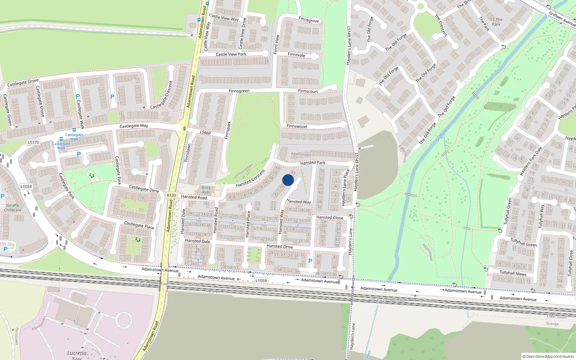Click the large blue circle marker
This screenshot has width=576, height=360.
point(288,180)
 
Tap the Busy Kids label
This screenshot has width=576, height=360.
point(206,190)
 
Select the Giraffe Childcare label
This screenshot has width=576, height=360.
point(13,208)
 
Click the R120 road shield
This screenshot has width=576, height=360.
point(171,195)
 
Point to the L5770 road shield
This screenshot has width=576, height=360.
point(33,143)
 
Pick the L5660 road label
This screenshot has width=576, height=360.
point(205,132)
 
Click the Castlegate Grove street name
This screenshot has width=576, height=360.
point(23,83)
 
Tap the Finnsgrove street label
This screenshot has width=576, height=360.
point(309,20)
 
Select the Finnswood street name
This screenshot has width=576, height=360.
point(297,126)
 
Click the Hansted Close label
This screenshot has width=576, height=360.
point(329,217)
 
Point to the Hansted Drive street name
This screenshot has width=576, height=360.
point(279,247)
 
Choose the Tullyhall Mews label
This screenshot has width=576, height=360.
point(513,273)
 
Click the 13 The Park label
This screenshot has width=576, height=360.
point(496,22)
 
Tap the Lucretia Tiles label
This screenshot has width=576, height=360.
point(77,355)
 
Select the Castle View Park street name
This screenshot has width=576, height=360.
point(231,54)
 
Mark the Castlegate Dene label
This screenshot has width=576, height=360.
point(144,188)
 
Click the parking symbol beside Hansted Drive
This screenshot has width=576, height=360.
point(310,261)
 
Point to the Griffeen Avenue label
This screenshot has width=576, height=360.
point(562,19)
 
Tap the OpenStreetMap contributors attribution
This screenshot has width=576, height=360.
point(548,356)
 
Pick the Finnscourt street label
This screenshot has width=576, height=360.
point(308,91)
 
